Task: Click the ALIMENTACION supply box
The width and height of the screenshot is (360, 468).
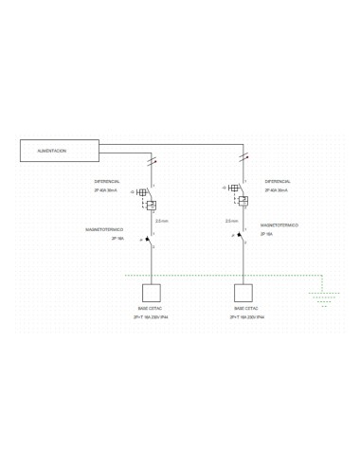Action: [60, 151]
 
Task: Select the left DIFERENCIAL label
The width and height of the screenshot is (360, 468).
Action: [106, 181]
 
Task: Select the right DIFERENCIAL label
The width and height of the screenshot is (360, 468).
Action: [278, 181]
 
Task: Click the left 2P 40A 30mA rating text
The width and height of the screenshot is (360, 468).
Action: [105, 190]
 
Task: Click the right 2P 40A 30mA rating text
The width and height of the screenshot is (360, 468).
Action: [276, 190]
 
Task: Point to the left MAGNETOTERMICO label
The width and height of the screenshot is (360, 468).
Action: [104, 229]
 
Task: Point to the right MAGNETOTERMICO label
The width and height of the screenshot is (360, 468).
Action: [279, 225]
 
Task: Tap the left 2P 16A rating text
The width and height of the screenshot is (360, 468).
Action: [117, 239]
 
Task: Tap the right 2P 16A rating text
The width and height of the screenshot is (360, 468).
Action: [266, 234]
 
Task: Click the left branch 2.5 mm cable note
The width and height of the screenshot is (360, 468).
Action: [162, 221]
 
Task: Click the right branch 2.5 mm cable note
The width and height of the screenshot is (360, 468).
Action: [231, 221]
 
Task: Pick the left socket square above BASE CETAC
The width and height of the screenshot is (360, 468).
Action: [152, 292]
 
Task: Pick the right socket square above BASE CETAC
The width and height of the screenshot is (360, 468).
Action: [243, 292]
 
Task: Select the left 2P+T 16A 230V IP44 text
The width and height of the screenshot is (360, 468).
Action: [151, 317]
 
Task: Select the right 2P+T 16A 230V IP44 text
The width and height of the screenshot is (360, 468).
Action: [245, 317]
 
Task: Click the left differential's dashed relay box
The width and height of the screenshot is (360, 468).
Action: [152, 205]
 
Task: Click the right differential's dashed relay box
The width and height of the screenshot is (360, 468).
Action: [243, 201]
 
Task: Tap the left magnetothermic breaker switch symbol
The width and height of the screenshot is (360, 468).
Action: [150, 238]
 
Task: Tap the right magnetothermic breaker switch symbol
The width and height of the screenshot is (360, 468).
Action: [242, 235]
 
